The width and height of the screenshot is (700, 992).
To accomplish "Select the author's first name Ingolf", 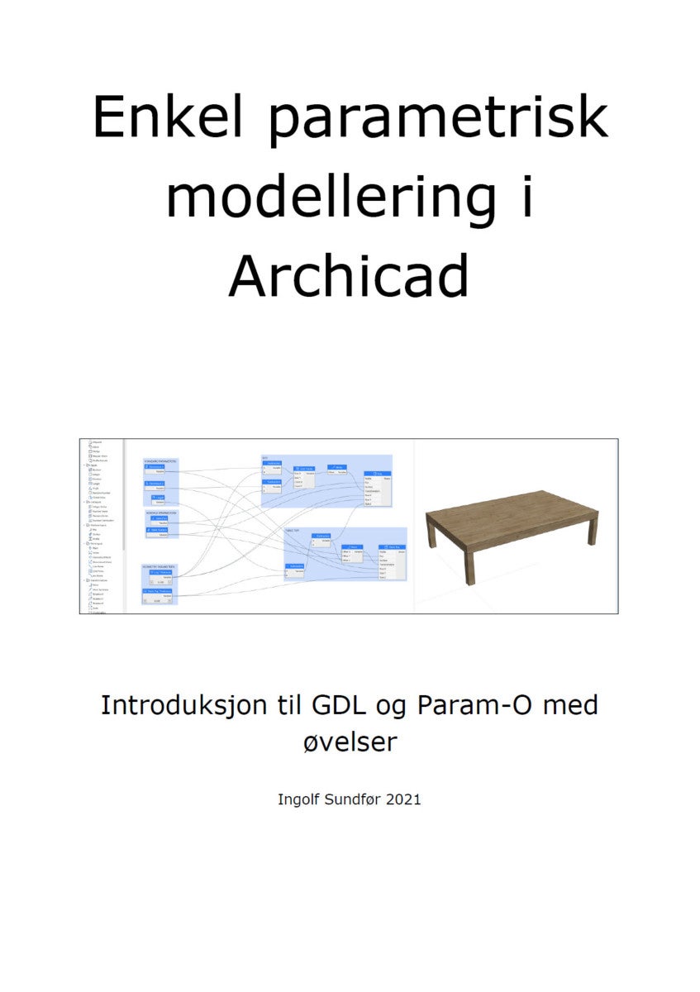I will tap(297, 799).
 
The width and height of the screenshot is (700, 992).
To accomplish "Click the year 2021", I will tap(402, 799).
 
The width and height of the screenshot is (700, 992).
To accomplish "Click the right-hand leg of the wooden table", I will tap(592, 529).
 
